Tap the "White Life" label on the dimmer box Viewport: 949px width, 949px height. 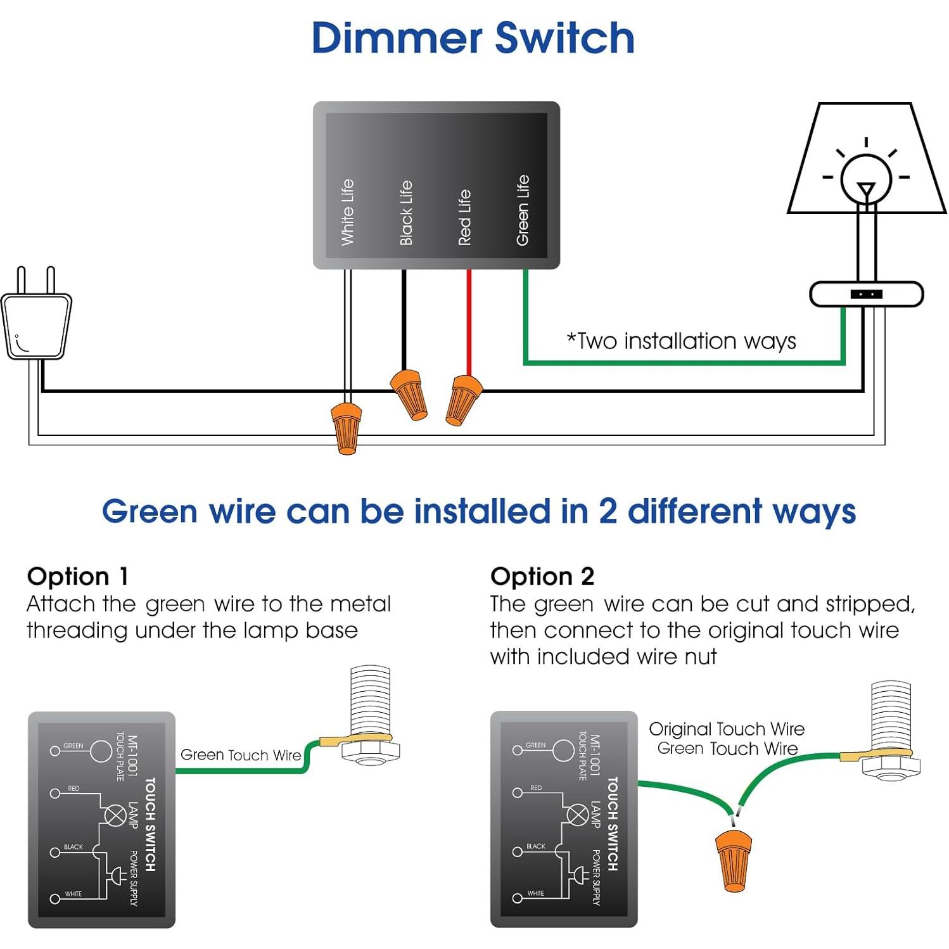tap(347, 212)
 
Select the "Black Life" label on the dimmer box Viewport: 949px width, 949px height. tap(406, 213)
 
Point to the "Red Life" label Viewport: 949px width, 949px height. tap(464, 217)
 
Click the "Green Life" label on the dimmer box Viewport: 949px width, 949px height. tap(523, 210)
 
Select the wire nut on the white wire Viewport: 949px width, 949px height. tap(346, 429)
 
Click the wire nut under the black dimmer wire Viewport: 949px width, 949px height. tap(409, 394)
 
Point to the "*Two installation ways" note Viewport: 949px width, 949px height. tap(681, 341)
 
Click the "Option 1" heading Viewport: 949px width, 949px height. tap(78, 576)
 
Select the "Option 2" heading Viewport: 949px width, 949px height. tap(542, 576)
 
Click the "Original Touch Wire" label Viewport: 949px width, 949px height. tap(727, 729)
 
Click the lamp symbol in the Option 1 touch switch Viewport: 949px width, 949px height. tap(115, 815)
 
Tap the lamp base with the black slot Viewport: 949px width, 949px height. tap(866, 294)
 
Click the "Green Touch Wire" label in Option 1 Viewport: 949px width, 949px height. tap(241, 755)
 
